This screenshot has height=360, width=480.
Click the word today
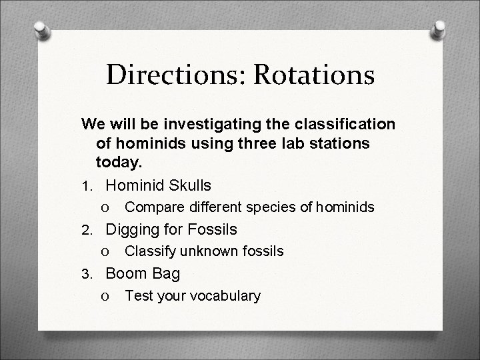coord(119,161)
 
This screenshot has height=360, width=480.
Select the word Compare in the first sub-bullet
coord(151,207)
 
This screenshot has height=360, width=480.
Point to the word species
coord(269,207)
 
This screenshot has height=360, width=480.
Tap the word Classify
coord(148,251)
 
